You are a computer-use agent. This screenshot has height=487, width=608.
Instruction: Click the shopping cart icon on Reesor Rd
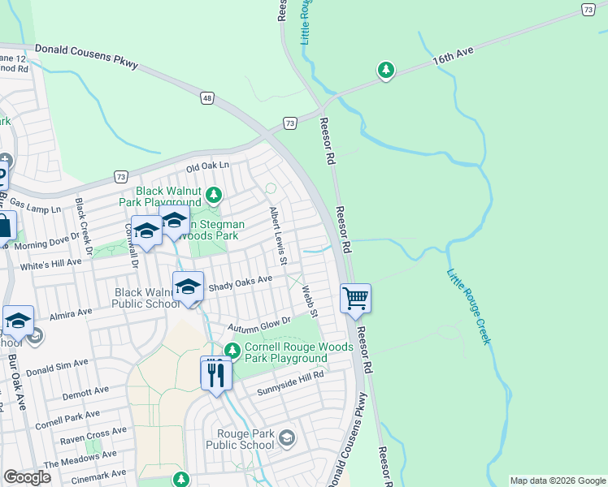coord(355,299)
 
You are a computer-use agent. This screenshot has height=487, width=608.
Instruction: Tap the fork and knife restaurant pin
coord(215,373)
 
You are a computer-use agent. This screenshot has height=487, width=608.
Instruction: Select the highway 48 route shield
coord(207,98)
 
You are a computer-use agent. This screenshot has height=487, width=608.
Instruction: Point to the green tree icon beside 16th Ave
coord(386,71)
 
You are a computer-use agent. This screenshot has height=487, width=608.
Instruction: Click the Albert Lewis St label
coord(278,235)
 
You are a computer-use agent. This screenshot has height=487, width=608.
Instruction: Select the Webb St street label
coord(308,300)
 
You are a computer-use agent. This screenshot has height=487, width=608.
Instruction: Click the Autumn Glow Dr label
coord(258,325)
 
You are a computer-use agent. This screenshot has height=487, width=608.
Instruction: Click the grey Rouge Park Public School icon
coord(286,439)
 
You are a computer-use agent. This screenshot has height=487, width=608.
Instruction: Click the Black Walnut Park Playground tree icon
coord(214,195)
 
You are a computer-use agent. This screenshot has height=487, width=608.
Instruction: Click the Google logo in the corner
coord(27,477)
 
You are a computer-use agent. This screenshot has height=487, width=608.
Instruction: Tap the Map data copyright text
coord(557,481)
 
